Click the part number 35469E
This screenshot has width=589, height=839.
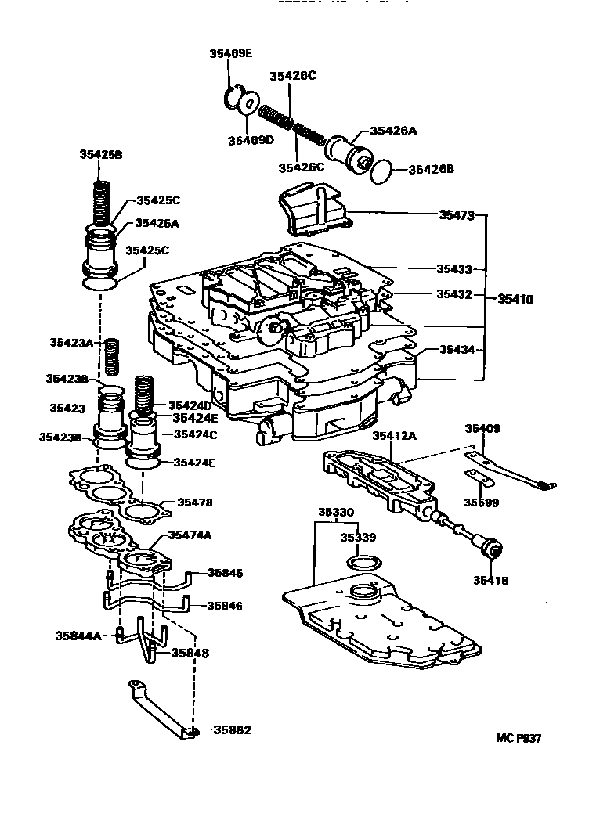coord(230,53)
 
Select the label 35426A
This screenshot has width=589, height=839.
coord(394,131)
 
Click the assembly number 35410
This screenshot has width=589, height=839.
coord(518,298)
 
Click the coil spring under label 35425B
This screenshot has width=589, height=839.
coord(101,202)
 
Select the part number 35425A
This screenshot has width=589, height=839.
coord(157,223)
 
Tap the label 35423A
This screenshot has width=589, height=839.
coord(71,342)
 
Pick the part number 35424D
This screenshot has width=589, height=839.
coord(190,405)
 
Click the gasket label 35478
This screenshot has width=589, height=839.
coord(194,502)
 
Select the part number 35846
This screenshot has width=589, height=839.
coord(224,606)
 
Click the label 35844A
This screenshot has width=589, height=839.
coord(78,636)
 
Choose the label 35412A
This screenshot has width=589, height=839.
coord(395,435)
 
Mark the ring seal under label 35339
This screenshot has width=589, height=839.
coord(363,564)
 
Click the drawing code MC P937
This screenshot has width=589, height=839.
coord(519,737)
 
